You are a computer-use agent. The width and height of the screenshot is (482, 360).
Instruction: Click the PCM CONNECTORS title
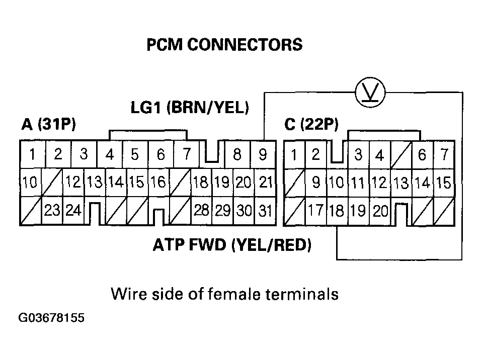tap(224, 45)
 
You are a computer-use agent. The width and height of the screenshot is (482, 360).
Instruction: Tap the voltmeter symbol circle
tap(370, 93)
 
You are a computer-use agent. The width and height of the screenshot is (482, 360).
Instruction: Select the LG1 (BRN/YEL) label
tap(190, 108)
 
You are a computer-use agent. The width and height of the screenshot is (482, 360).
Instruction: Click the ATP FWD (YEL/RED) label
tap(231, 245)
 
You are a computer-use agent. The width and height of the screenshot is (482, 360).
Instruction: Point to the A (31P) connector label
tap(49, 125)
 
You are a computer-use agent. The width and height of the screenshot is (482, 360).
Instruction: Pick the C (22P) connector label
tap(311, 125)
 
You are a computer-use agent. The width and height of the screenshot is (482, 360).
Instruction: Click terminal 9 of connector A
tap(263, 155)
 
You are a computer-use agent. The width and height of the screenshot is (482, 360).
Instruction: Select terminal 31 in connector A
tap(265, 211)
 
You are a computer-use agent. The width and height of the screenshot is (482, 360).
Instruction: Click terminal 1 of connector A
tap(32, 155)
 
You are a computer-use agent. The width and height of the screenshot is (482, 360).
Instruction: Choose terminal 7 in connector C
tap(444, 155)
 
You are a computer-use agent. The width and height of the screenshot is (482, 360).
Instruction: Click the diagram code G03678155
tap(51, 318)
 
